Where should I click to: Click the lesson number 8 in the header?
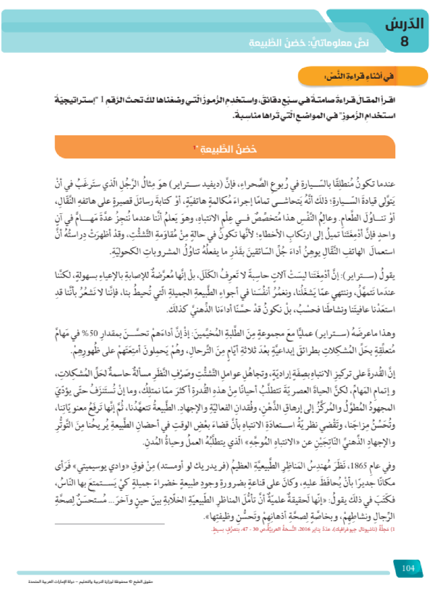pyautogui.click(x=404, y=41)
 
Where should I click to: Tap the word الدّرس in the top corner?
pyautogui.click(x=404, y=23)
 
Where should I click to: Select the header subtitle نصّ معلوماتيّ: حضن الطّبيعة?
pyautogui.click(x=309, y=43)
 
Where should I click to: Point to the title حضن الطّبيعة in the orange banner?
pyautogui.click(x=228, y=149)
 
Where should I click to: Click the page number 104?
pyautogui.click(x=408, y=568)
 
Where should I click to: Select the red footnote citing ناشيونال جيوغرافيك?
pyautogui.click(x=303, y=529)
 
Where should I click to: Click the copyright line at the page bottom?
pyautogui.click(x=90, y=582)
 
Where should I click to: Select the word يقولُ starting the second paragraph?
pyautogui.click(x=389, y=276)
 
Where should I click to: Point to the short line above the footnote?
pyautogui.click(x=110, y=524)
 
